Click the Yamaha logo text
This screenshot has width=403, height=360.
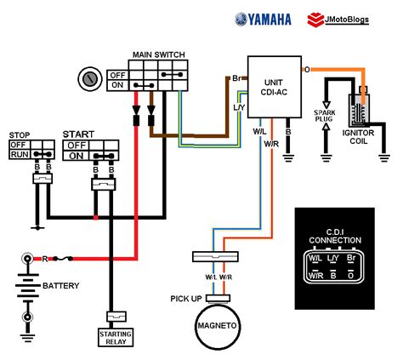(x=270, y=20)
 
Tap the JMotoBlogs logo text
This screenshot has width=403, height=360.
(x=347, y=20)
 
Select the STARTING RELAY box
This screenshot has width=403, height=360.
(x=116, y=338)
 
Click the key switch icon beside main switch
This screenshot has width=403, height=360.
(x=90, y=79)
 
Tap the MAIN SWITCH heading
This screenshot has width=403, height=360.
(x=159, y=54)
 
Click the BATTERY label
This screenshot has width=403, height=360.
(x=60, y=285)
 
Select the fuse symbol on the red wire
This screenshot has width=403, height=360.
(x=63, y=259)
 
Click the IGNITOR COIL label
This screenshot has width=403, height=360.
(x=358, y=137)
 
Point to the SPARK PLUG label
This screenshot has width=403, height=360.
(x=325, y=116)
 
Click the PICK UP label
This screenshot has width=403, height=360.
(x=186, y=299)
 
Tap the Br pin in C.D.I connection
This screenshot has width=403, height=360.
(x=351, y=258)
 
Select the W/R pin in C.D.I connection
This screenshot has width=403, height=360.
(x=315, y=276)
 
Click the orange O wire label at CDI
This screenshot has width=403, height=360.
(x=307, y=69)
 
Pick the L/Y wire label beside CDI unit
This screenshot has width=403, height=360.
(x=239, y=107)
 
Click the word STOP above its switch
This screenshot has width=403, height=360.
(x=20, y=135)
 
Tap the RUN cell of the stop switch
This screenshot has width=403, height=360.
(x=20, y=154)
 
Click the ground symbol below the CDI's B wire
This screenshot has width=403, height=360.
(x=288, y=158)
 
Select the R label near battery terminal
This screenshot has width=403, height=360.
(x=44, y=259)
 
